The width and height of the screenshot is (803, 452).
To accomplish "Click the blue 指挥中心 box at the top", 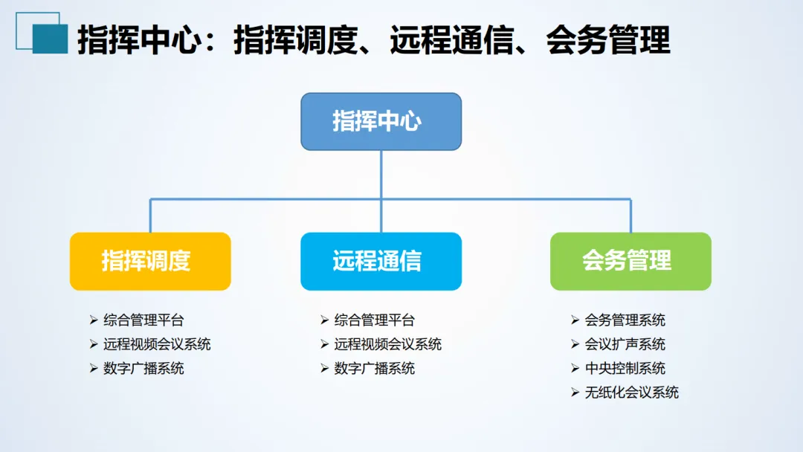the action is [381, 121].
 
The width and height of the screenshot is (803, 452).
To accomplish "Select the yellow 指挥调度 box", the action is [150, 261].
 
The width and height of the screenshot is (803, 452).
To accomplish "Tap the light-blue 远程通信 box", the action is [381, 261].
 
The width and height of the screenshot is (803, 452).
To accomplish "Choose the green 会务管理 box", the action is [631, 261].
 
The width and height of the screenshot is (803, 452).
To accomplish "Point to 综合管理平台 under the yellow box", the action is [143, 320].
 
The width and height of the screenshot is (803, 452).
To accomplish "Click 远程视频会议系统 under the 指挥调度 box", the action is [157, 344].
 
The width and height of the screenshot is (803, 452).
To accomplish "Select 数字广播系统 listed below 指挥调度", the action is [143, 368].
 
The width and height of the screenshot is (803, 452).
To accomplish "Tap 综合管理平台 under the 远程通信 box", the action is [375, 320].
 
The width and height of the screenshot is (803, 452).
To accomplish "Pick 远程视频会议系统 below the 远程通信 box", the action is [388, 344].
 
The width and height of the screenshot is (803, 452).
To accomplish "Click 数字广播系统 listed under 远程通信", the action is [375, 368].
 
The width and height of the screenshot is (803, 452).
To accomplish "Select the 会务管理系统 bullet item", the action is [625, 320].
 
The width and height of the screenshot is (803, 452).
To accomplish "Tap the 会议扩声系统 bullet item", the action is [625, 344].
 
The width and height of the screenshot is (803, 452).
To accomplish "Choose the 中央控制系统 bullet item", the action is [625, 368].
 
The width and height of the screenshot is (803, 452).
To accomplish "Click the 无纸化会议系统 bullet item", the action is [632, 393].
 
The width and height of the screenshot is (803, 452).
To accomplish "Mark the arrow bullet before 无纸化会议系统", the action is [575, 393].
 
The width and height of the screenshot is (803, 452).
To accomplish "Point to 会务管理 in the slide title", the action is [608, 40].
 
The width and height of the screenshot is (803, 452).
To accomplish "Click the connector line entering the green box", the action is [631, 217].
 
